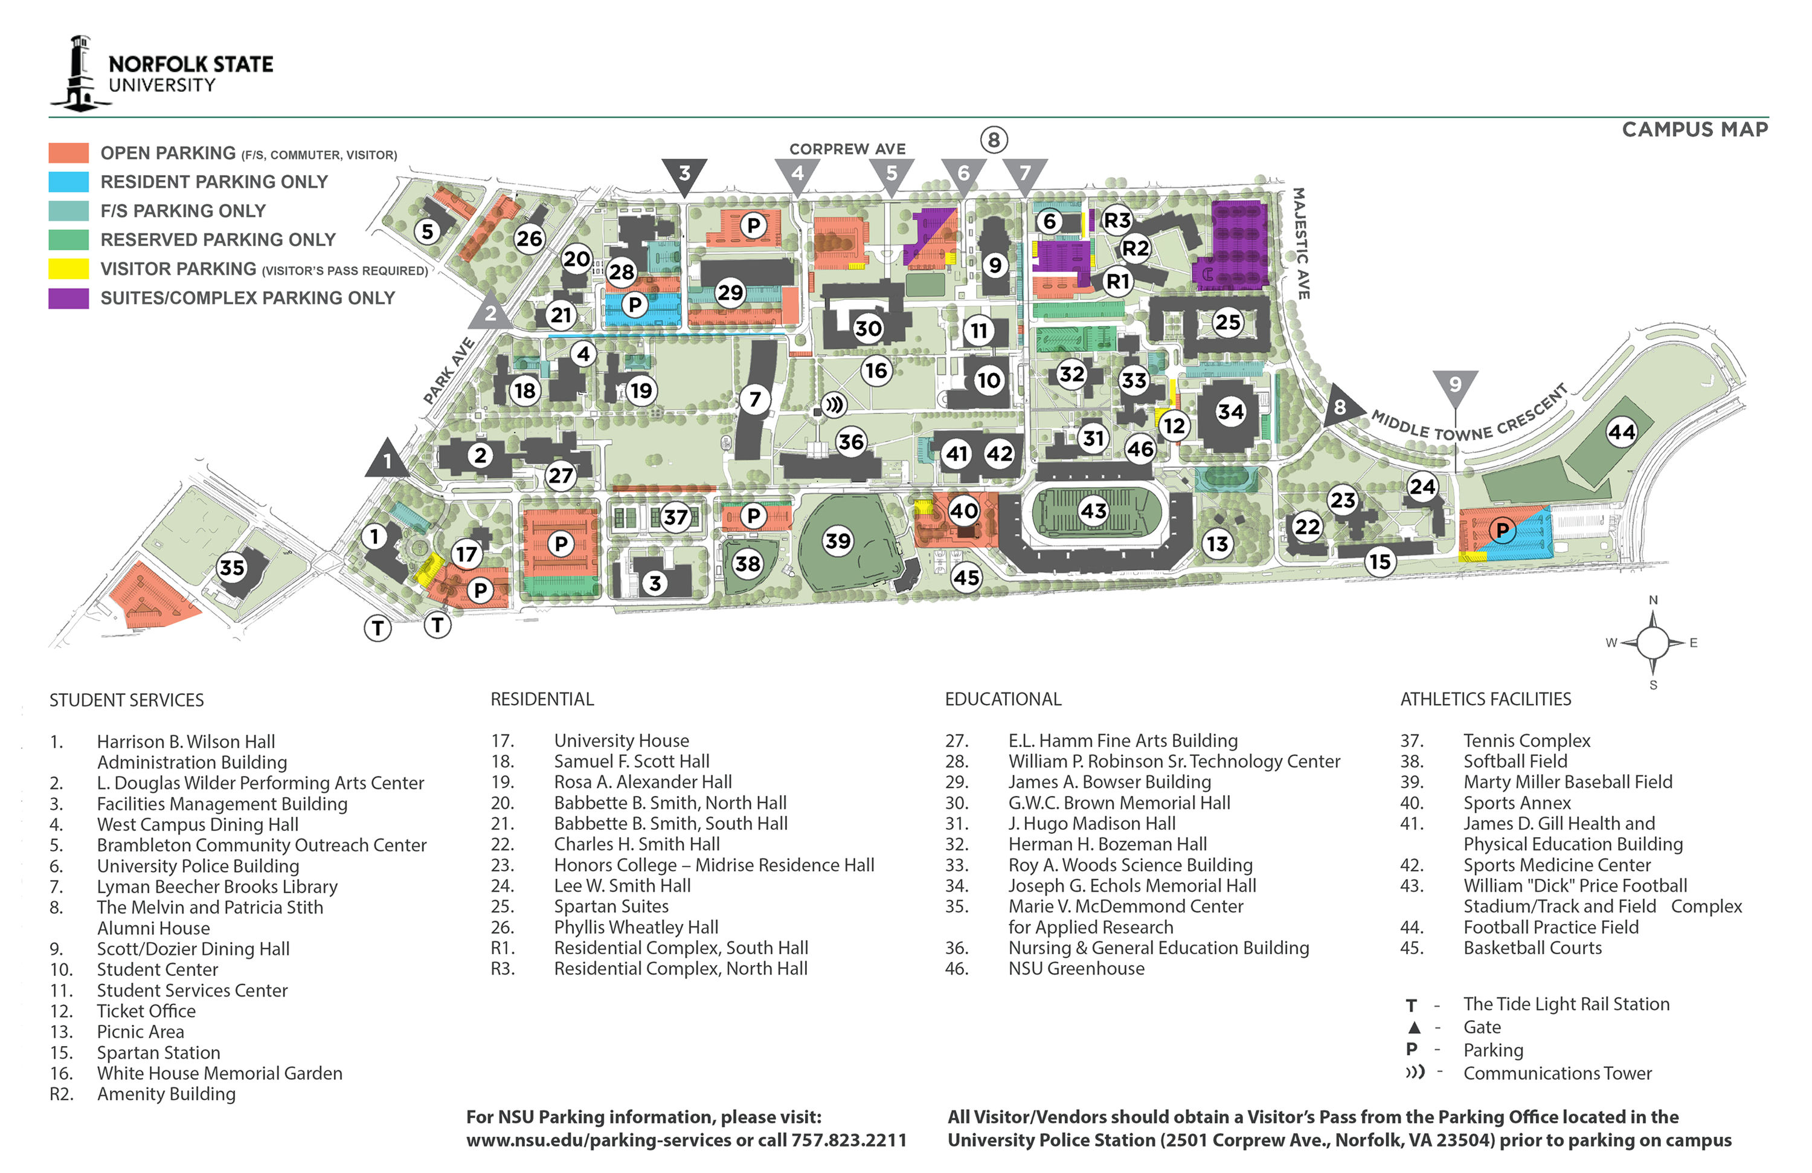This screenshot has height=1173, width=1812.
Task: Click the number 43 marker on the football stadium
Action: point(1093,510)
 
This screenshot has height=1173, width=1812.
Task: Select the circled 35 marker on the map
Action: point(231,567)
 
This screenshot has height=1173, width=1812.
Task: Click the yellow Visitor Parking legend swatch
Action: point(68,269)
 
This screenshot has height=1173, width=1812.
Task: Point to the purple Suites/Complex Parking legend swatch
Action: point(68,298)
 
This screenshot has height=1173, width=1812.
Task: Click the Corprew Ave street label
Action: point(847,149)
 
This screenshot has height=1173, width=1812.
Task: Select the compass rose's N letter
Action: point(1653,600)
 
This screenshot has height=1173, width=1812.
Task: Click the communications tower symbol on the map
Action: point(835,404)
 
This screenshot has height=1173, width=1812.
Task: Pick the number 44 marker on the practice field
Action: point(1621,433)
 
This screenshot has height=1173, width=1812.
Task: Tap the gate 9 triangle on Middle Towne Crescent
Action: point(1455,384)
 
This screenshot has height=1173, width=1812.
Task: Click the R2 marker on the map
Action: point(1134,248)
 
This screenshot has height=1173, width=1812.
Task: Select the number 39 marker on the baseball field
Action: point(838,541)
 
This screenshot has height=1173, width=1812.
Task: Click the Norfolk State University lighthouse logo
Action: point(79,74)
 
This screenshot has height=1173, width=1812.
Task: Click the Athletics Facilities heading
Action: point(1485,699)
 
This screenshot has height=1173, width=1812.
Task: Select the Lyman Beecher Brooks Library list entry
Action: point(217,887)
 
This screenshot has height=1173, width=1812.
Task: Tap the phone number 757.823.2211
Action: point(848,1140)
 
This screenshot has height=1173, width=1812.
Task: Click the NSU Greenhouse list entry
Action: point(1076,968)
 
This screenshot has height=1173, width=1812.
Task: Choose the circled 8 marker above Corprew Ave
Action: point(993,140)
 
